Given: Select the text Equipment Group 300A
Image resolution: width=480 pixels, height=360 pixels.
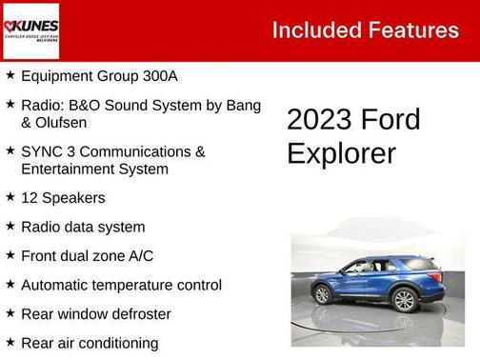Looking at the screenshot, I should [x=99, y=75].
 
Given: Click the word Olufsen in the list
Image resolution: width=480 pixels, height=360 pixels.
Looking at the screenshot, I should [x=50, y=121].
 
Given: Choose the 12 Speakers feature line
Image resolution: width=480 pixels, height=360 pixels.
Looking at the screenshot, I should [x=63, y=198].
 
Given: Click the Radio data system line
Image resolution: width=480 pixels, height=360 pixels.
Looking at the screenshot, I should [x=83, y=227].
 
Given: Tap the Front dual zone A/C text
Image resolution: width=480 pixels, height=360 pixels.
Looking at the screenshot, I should [x=87, y=255].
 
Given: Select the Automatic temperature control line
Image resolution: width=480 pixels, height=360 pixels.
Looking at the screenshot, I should [x=121, y=285].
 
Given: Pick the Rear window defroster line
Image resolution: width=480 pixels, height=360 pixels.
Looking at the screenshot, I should [x=96, y=313].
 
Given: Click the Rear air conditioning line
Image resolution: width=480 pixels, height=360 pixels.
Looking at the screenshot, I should [x=90, y=343].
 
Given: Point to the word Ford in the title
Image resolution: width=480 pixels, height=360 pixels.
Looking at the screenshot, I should [x=390, y=119].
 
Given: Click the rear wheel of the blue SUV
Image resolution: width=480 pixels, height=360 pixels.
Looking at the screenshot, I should [x=405, y=300].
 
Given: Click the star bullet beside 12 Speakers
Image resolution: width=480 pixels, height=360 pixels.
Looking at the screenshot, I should [x=10, y=197].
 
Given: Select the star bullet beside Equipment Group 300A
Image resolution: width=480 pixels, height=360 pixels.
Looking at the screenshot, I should [x=10, y=74].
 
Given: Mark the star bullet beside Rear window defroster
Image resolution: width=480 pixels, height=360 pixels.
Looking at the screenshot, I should [x=10, y=312].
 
